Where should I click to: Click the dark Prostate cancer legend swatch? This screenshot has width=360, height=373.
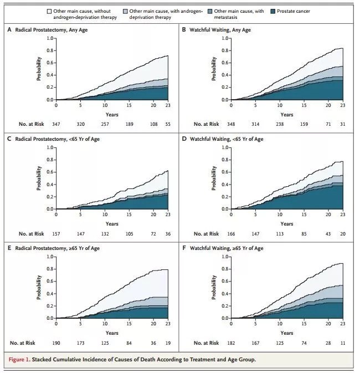click(x=275, y=11)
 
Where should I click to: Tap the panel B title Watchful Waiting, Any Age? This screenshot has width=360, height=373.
click(x=220, y=29)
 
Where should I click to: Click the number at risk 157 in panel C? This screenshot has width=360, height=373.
click(x=56, y=234)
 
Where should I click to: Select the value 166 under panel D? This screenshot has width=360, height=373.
click(x=231, y=234)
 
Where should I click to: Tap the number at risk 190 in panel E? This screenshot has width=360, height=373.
click(x=56, y=343)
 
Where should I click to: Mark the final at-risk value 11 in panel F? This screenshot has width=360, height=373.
click(x=343, y=343)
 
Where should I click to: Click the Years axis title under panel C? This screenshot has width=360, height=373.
click(x=112, y=223)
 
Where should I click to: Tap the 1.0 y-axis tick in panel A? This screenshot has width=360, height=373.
click(x=48, y=38)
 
